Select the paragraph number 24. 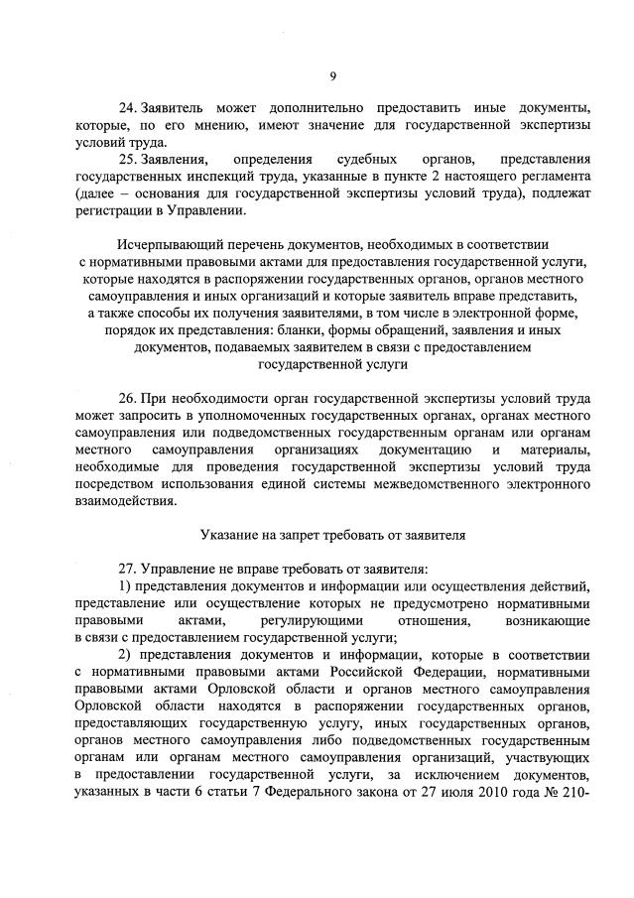tap(129, 106)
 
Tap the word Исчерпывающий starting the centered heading tap(164, 243)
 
